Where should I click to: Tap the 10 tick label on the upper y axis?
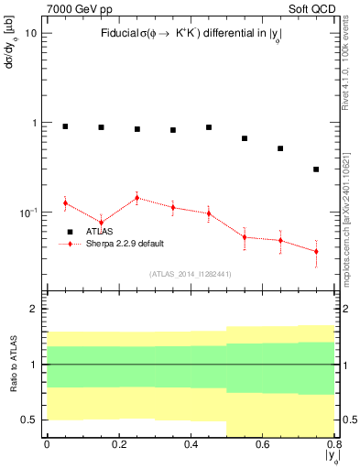click(30, 33)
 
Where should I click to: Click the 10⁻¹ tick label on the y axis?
click(27, 212)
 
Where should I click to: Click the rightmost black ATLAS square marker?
click(316, 169)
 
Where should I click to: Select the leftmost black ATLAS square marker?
click(65, 126)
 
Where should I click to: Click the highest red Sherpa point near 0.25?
click(136, 198)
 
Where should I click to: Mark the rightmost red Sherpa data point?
click(316, 251)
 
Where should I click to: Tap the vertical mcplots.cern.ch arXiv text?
click(350, 211)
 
